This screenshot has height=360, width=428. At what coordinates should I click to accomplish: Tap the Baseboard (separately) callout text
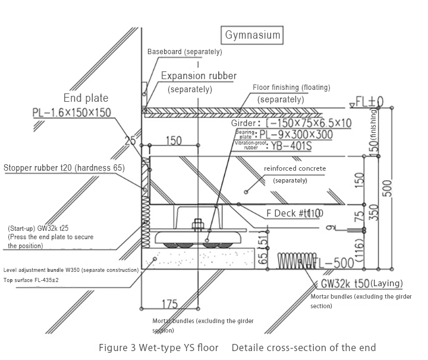[x=184, y=52]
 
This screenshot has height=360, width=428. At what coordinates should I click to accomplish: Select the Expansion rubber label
[x=199, y=76]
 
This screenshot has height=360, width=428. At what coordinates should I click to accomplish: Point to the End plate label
[x=86, y=99]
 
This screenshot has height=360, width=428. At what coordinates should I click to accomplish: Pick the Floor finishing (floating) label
[x=291, y=87]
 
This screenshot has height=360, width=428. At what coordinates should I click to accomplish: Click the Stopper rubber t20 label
[x=64, y=168]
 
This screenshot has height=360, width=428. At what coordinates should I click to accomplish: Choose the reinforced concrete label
[x=295, y=168]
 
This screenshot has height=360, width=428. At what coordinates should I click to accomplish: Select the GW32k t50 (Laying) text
[x=362, y=283]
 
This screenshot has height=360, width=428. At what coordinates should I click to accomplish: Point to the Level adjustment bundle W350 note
[x=71, y=270]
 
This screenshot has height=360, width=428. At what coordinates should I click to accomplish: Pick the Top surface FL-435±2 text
[x=40, y=280]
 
